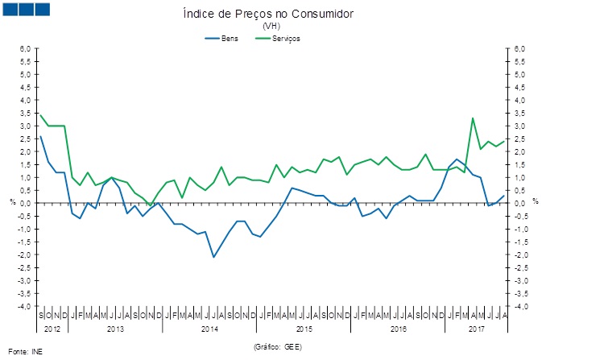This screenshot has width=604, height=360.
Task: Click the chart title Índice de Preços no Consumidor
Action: pos(268,14)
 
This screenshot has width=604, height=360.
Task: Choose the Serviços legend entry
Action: pos(286,38)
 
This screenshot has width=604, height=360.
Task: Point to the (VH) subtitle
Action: pos(270,27)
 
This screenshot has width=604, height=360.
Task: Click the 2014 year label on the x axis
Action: pos(209,329)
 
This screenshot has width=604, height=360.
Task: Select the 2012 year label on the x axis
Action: pos(52,329)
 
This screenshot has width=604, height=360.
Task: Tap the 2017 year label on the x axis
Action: pos(478,329)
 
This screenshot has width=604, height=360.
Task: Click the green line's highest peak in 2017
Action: pos(473,118)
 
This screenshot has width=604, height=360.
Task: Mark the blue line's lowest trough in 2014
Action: pos(213,257)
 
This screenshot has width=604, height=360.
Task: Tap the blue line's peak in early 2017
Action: pos(457,159)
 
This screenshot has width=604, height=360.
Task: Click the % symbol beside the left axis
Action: pos(12,201)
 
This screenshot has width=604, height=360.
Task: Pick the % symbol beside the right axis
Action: pos(535,201)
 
